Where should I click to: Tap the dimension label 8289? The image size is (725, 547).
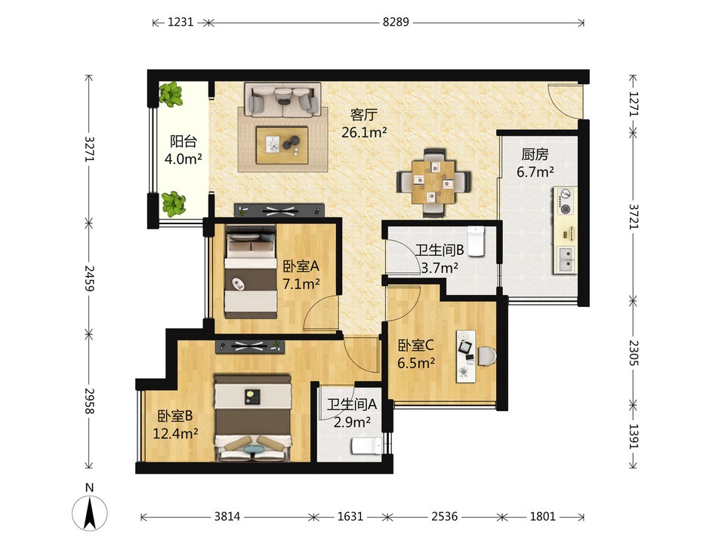[x=395, y=22]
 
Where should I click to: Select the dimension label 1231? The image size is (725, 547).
[x=180, y=22]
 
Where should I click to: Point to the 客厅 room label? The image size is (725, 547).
[x=364, y=115]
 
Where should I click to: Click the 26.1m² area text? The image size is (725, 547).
[x=364, y=133]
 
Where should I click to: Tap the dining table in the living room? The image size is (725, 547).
[x=433, y=182]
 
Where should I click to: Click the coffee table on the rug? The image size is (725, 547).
[x=282, y=145]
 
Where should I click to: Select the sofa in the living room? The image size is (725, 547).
[x=282, y=100]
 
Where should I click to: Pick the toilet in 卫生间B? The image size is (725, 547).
[x=475, y=240]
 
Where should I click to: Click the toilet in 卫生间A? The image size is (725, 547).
[x=367, y=447]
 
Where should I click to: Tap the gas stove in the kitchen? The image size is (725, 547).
[x=566, y=201]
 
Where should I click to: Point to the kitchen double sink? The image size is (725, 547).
[x=566, y=259]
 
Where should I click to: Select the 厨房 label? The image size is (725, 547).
[x=535, y=154]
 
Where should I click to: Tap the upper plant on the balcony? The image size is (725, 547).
[x=171, y=94]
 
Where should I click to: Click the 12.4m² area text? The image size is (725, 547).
[x=176, y=433]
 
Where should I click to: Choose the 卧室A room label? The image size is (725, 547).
[x=301, y=266]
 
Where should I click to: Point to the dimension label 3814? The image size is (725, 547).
[x=227, y=516]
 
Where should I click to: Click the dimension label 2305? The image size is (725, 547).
[x=634, y=353]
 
